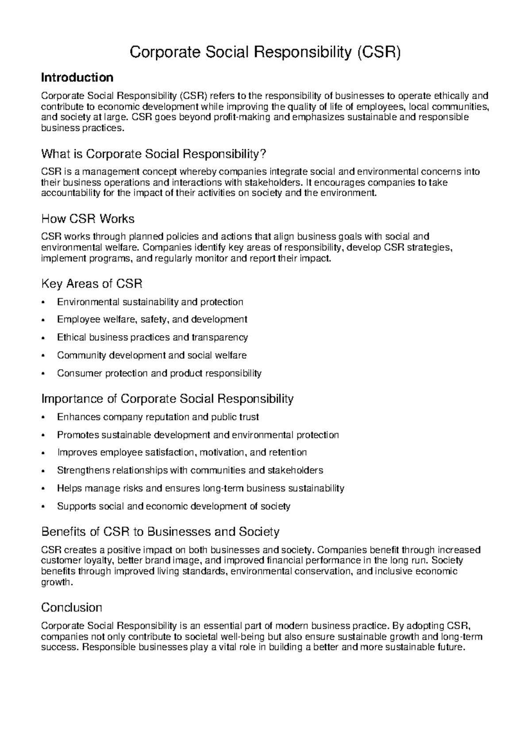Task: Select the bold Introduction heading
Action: coord(77,78)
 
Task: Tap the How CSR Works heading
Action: coord(88,219)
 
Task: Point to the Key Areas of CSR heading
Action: coord(92,283)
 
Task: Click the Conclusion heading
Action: coord(72,607)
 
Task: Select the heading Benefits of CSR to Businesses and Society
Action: coord(160,531)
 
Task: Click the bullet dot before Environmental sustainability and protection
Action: coord(42,302)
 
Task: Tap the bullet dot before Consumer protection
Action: coord(42,374)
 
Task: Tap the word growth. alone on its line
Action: coord(56,582)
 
